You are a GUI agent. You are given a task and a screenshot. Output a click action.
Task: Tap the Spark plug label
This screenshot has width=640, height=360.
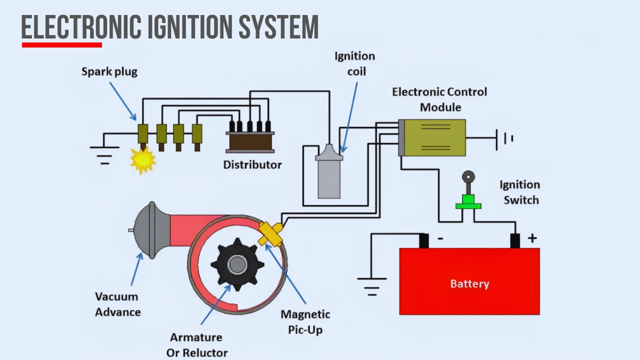point(109,72)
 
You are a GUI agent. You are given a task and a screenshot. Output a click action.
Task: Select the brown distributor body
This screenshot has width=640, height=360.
point(250,141)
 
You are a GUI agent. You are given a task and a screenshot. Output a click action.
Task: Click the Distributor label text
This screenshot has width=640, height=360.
point(252,164)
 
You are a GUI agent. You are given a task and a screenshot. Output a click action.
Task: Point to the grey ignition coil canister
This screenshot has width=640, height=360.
point(328,177)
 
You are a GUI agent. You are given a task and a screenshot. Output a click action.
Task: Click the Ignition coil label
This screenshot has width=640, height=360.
point(354,63)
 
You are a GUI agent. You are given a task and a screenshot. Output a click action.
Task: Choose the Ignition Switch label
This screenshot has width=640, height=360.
point(520,192)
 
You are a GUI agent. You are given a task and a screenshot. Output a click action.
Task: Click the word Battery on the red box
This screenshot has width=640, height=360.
point(469,284)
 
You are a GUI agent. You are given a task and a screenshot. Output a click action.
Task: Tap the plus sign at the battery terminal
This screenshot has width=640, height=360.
point(532,238)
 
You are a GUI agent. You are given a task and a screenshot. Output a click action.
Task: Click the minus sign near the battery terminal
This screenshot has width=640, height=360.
point(440,239)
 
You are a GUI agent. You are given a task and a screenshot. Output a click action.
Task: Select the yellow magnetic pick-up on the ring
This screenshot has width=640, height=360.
point(270,233)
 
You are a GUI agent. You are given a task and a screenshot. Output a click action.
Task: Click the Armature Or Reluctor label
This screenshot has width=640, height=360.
point(196,344)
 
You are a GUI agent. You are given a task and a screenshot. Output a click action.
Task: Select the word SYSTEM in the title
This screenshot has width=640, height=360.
point(278,27)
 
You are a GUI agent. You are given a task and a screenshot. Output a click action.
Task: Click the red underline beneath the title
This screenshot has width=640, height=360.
point(62,45)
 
